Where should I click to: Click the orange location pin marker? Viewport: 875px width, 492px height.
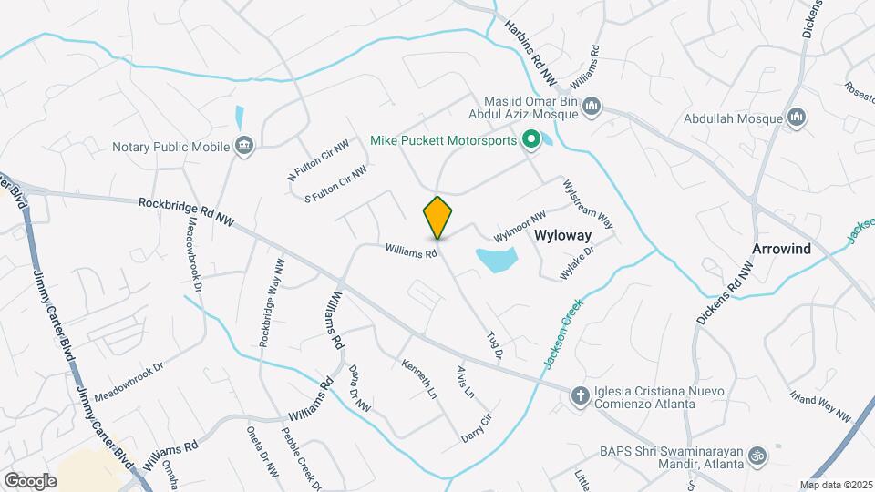(437, 218)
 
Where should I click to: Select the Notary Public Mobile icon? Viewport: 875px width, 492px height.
(243, 145)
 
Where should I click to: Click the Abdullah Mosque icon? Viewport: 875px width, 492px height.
(798, 118)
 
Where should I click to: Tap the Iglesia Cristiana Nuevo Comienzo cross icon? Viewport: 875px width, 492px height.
(578, 395)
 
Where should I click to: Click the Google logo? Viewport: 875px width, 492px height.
(31, 480)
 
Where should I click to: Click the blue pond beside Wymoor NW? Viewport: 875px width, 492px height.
(496, 260)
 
